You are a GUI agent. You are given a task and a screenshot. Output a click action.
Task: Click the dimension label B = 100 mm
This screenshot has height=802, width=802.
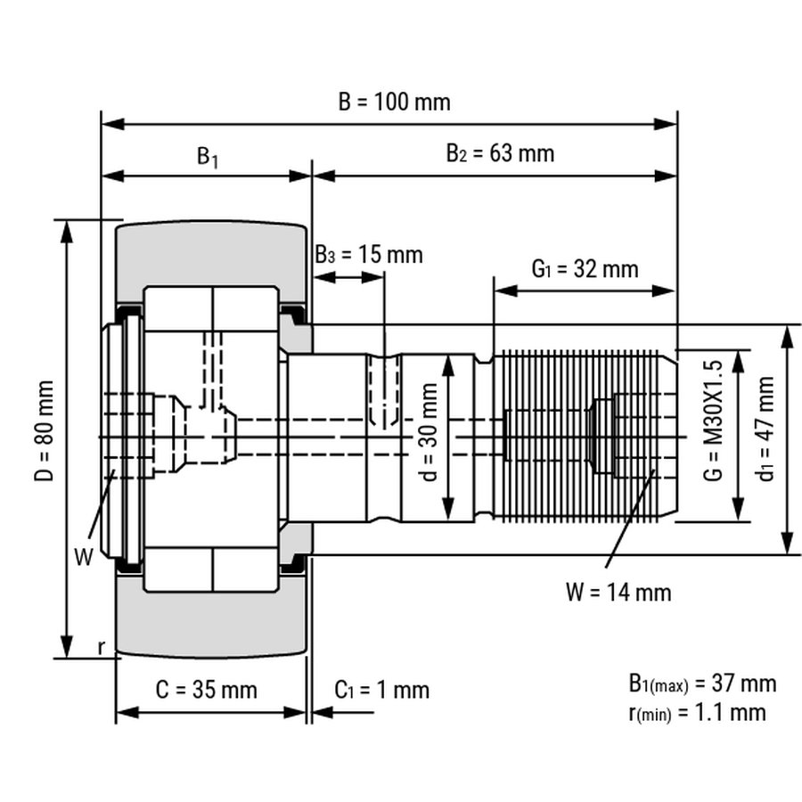tap(394, 102)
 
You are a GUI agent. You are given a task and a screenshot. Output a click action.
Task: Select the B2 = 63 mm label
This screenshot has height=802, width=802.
tap(500, 153)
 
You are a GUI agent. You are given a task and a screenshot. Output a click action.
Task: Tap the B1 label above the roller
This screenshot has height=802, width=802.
tap(208, 157)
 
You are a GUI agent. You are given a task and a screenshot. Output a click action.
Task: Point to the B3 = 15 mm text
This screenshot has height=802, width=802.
tap(368, 255)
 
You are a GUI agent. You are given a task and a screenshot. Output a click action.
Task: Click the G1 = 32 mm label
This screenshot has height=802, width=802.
tap(585, 268)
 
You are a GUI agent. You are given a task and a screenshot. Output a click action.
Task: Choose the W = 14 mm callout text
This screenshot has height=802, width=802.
tap(618, 591)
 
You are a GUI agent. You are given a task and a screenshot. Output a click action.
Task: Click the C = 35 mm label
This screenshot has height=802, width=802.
tap(206, 690)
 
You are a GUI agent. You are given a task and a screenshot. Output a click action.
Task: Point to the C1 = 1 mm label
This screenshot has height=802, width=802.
tap(381, 690)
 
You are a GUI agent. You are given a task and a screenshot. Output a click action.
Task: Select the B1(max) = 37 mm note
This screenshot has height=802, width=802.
tap(702, 683)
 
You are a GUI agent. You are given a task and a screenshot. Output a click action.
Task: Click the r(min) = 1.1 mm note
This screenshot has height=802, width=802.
tap(697, 711)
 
